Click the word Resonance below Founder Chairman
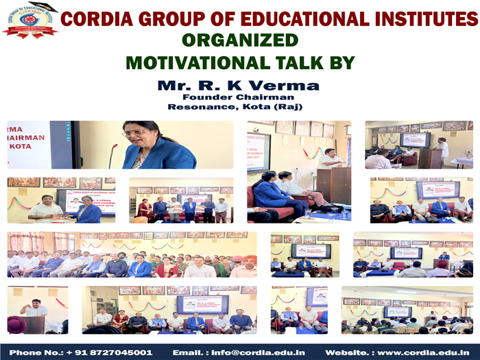[x=198, y=107]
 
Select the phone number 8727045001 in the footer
[x=123, y=352]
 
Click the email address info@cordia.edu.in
[x=257, y=352]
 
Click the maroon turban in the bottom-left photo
[x=16, y=324]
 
